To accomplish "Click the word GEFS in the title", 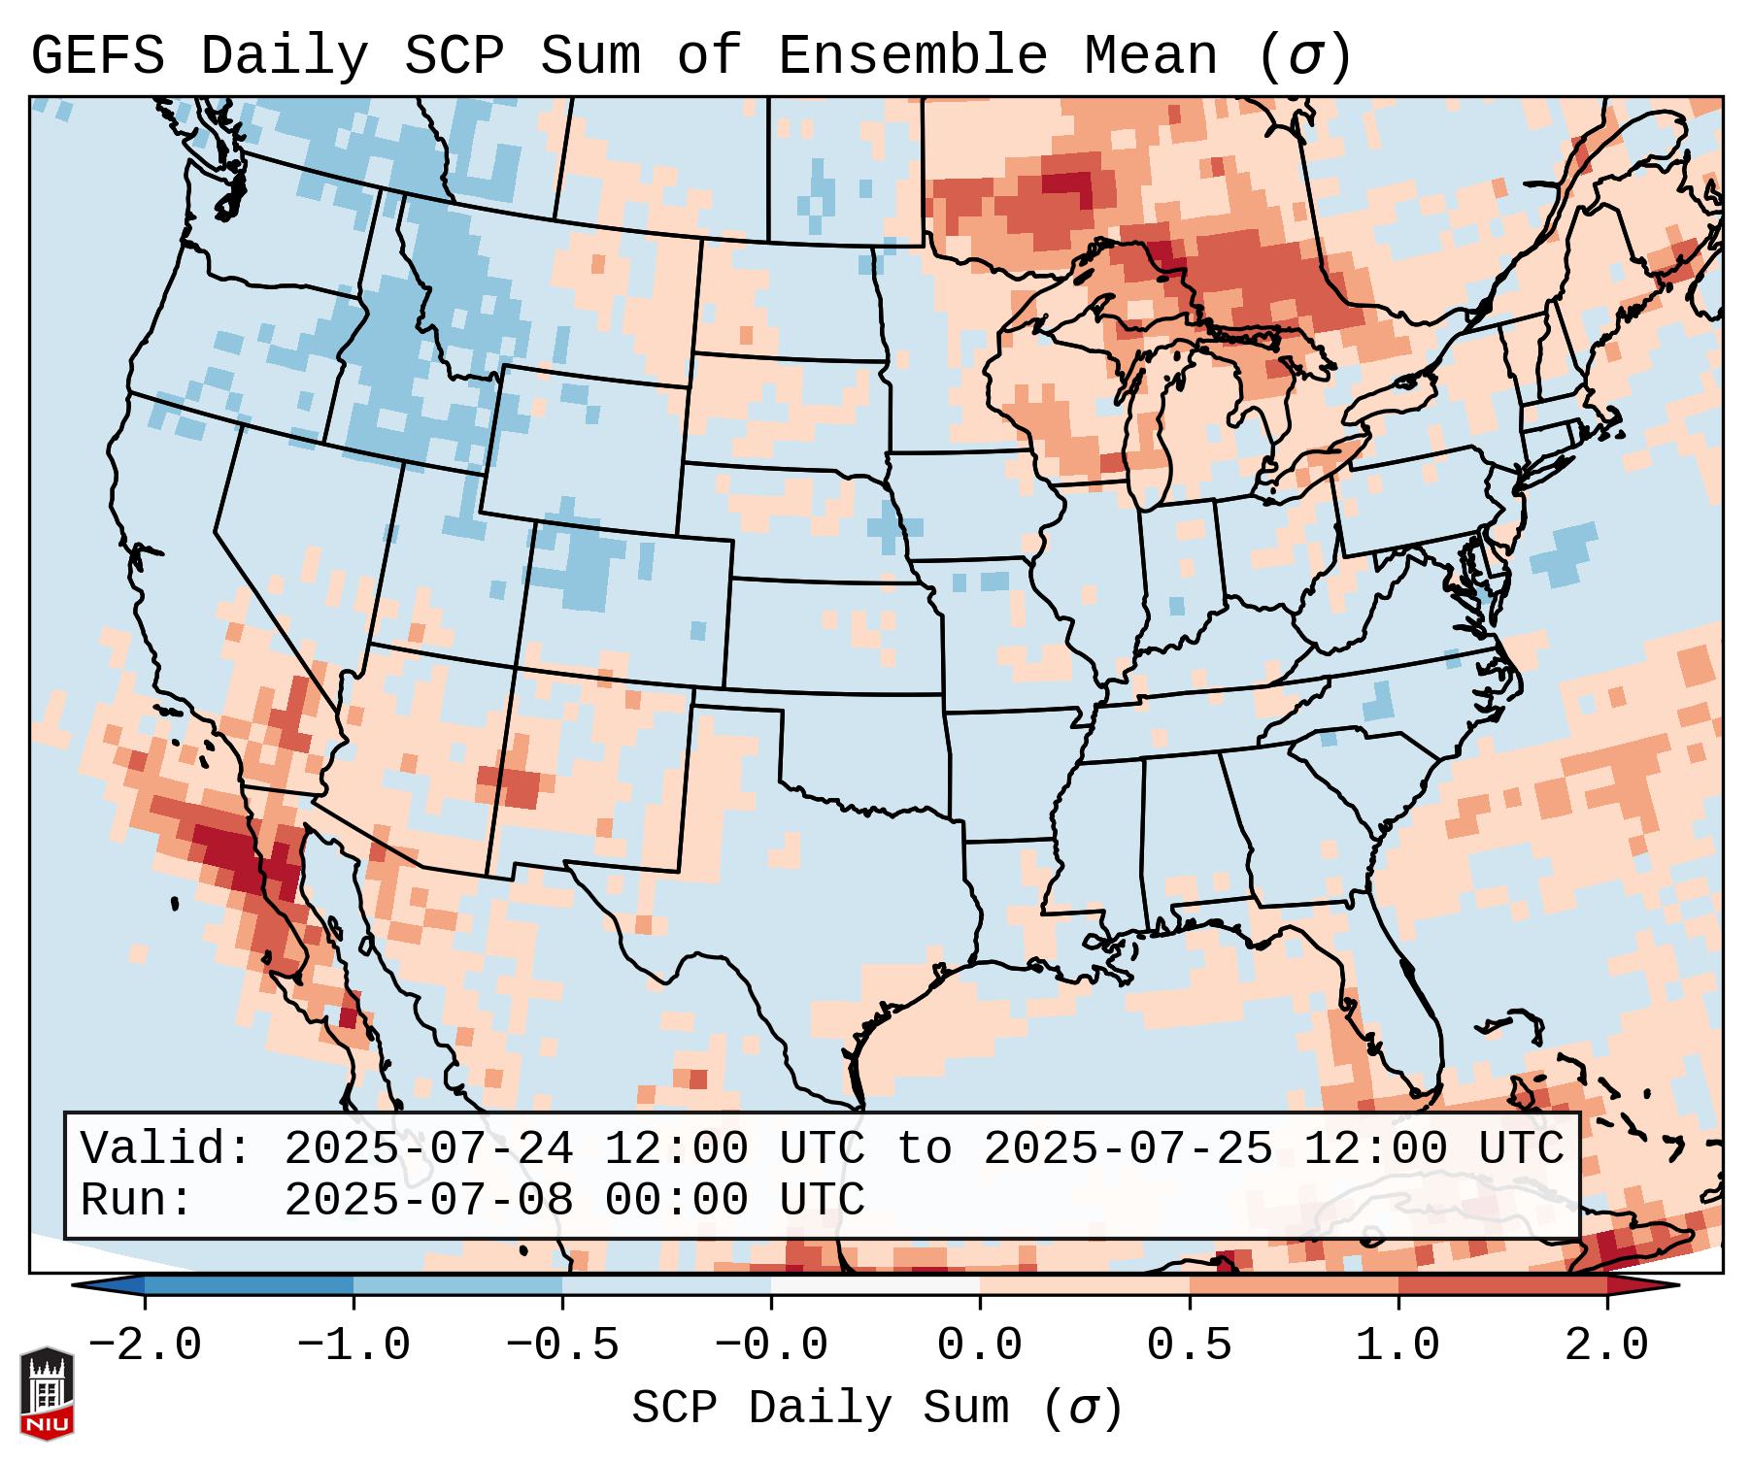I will point(97,56).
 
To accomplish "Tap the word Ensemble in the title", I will point(913,56).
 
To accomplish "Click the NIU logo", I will point(47,1393).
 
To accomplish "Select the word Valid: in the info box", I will point(166,1149).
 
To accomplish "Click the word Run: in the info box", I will point(137,1201).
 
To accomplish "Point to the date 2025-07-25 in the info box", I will point(1128,1149).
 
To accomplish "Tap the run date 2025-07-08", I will point(428,1201).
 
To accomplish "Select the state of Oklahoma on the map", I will point(874,757).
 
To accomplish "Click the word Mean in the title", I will point(1151,56).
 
